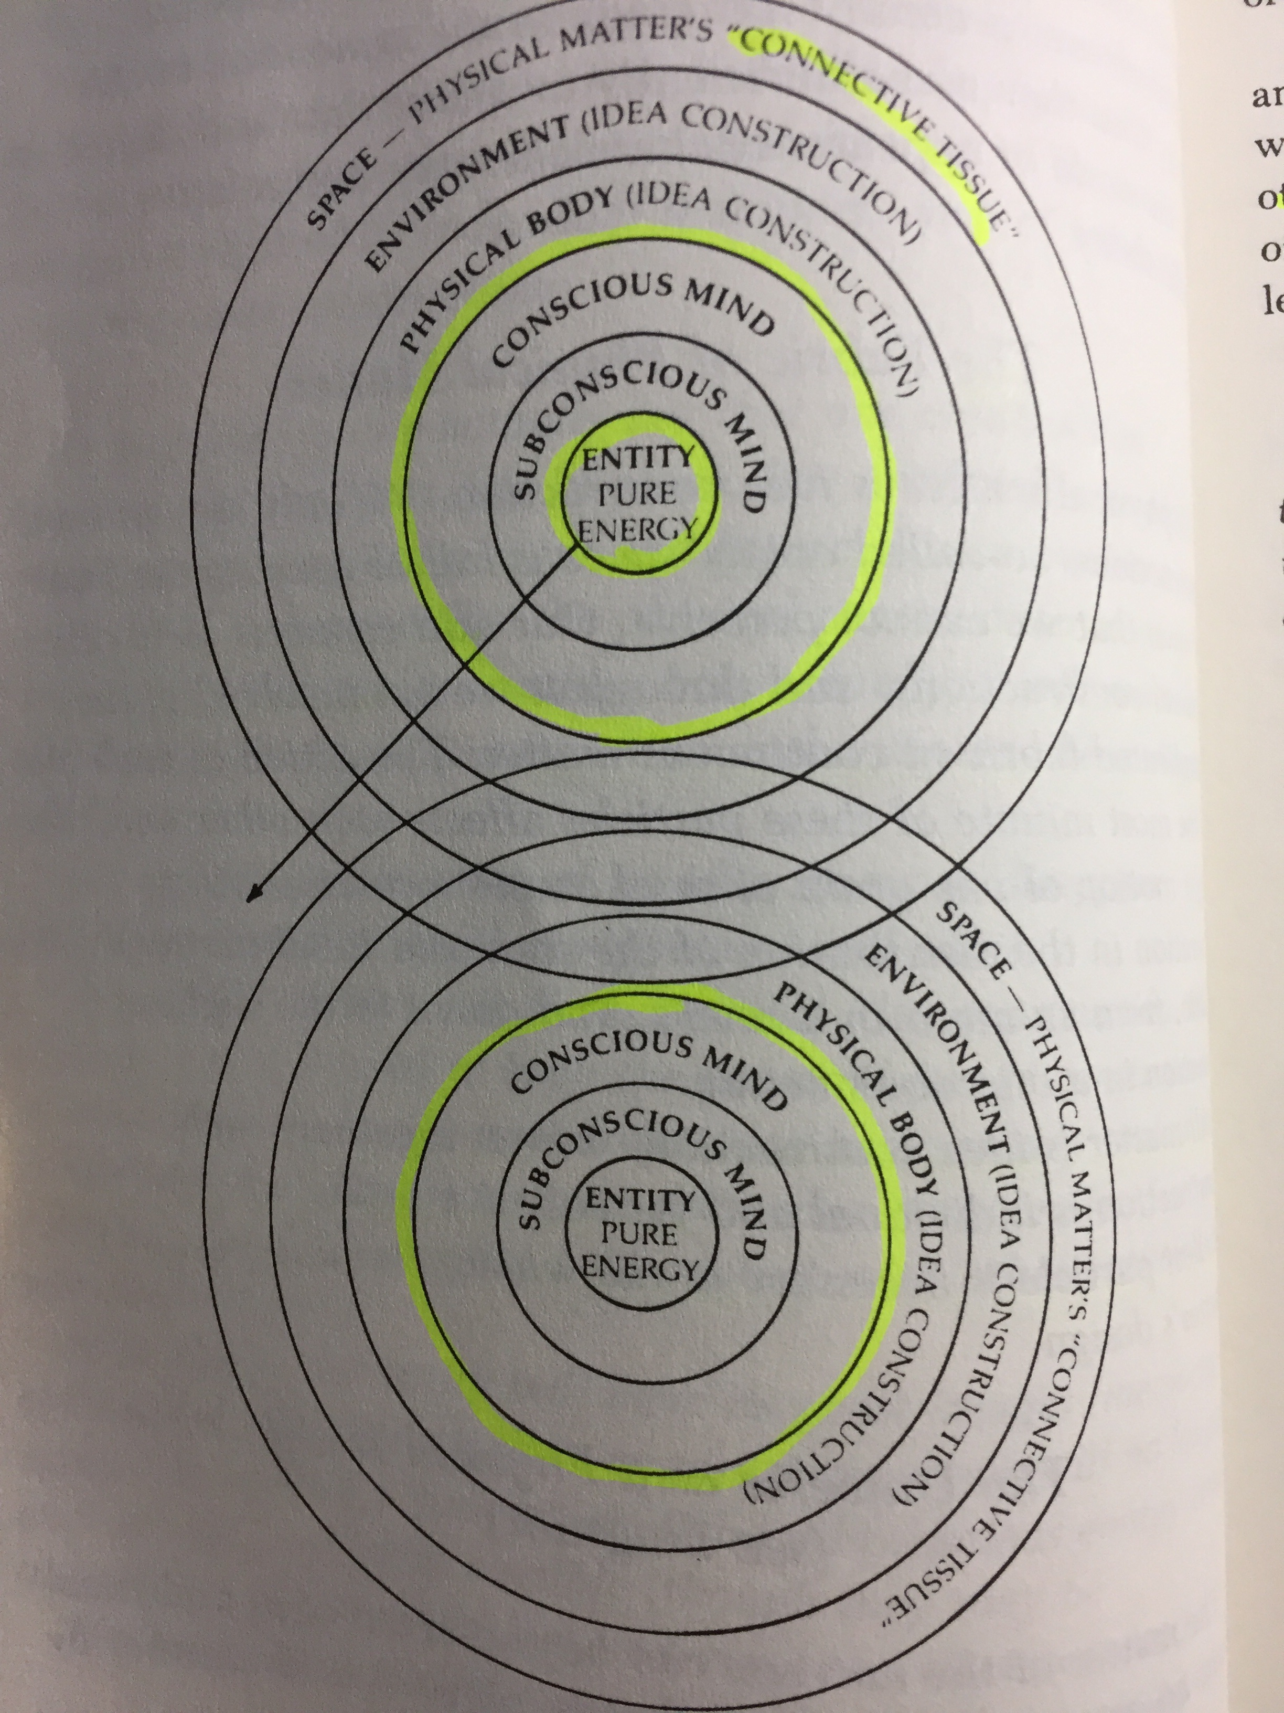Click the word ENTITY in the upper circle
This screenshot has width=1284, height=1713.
coord(637,459)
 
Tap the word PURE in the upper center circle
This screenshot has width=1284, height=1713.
coord(637,494)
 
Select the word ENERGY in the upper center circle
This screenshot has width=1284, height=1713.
coord(637,530)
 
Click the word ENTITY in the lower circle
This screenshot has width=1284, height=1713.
coord(639,1200)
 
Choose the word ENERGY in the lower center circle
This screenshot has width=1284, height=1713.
coord(639,1268)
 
